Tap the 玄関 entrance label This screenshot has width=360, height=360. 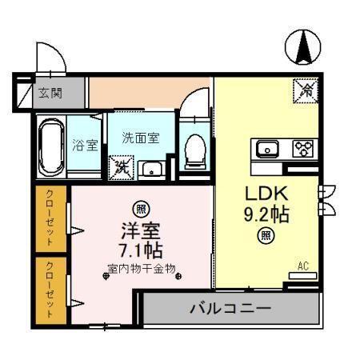click(x=49, y=93)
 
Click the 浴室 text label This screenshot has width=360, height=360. click(x=85, y=145)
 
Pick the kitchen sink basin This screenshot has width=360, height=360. click(x=266, y=148)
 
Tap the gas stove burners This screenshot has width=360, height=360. click(x=302, y=148)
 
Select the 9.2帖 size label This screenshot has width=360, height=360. click(x=266, y=214)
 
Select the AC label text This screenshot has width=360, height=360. click(x=303, y=265)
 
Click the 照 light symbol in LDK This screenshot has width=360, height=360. click(x=265, y=235)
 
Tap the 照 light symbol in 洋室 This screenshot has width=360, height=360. click(x=141, y=210)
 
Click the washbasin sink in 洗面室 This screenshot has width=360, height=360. click(x=150, y=169)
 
